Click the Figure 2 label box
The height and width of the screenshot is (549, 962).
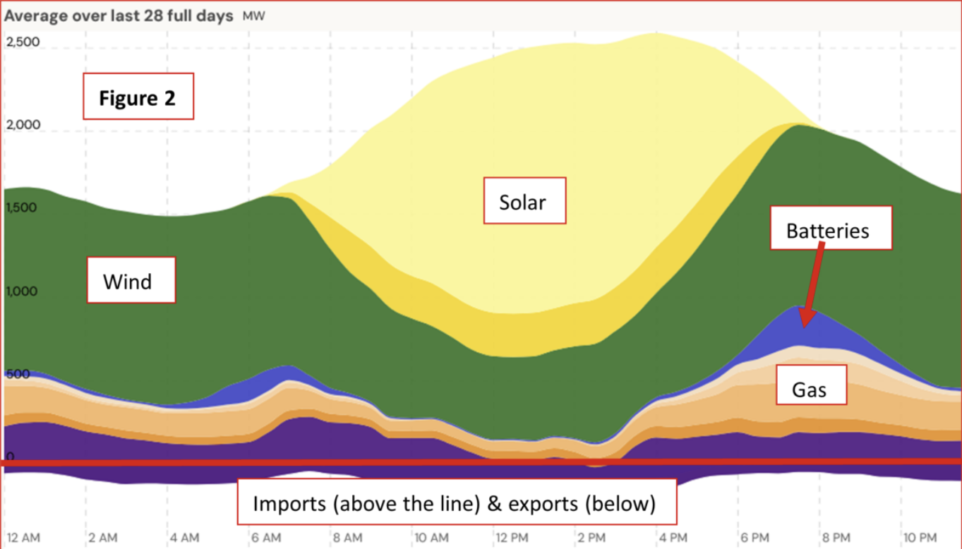[x=138, y=97]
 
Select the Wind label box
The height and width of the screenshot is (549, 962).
[x=131, y=282]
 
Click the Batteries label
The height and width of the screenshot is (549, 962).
[x=830, y=229]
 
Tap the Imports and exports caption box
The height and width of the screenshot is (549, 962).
[x=456, y=502]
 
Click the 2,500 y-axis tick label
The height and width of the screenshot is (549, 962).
[x=23, y=42]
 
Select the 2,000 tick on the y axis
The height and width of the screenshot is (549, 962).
[x=23, y=125]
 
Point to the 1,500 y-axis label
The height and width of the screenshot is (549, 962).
[x=22, y=208]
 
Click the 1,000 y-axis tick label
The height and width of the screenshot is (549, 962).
[x=22, y=291]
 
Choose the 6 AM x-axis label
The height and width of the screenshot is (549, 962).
[x=265, y=538]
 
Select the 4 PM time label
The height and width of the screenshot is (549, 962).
[x=673, y=538]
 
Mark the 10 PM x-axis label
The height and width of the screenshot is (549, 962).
[x=920, y=538]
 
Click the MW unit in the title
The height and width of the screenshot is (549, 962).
[x=254, y=16]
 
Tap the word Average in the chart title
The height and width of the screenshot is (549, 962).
[x=35, y=16]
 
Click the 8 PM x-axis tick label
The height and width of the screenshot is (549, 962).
[x=836, y=538]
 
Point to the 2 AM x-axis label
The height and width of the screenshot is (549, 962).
[x=103, y=538]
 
